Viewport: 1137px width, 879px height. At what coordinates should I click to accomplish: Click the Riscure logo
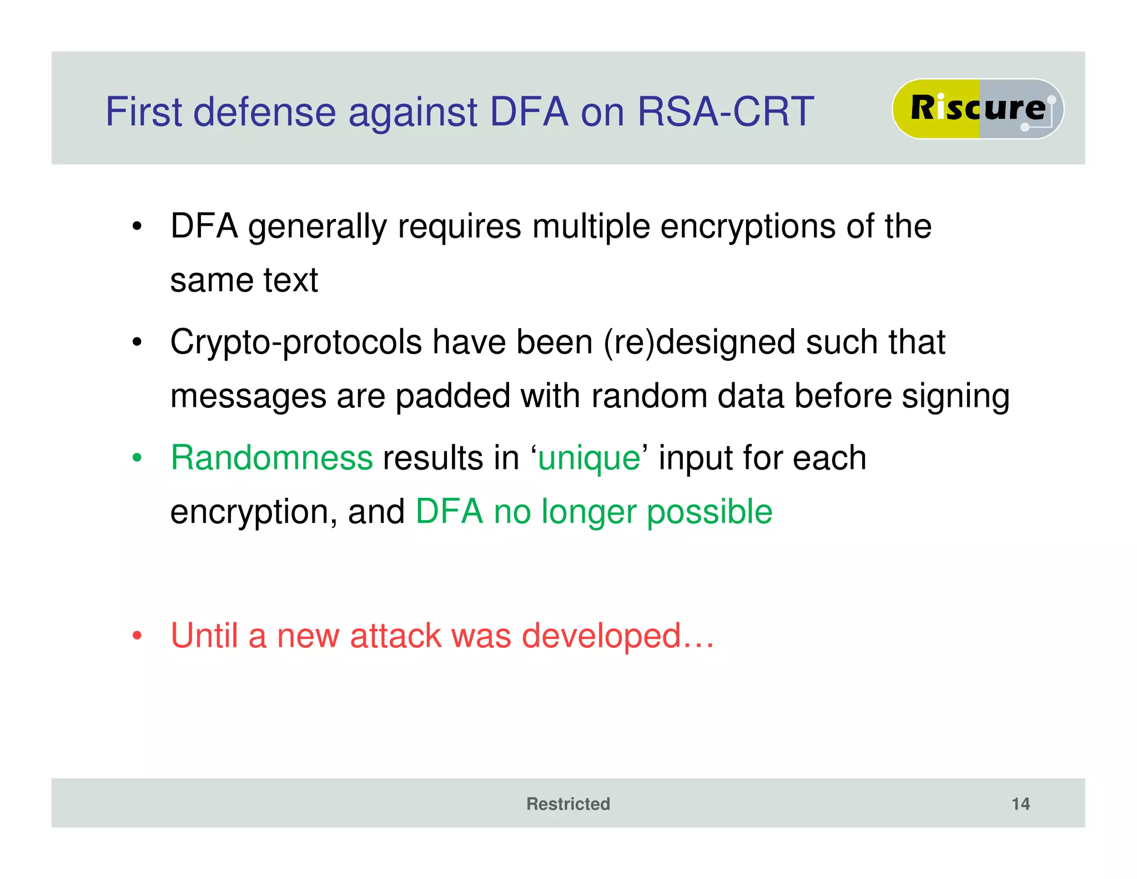(x=978, y=108)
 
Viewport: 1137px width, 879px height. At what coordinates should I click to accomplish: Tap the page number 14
(x=1020, y=803)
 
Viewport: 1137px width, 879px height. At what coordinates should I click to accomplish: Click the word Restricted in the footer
(x=568, y=803)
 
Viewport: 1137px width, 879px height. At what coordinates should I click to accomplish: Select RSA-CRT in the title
(x=726, y=112)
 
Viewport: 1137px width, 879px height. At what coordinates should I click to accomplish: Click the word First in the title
(x=144, y=112)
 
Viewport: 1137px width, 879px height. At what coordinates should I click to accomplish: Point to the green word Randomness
(x=271, y=458)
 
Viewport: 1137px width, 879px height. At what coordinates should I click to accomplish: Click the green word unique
(x=589, y=458)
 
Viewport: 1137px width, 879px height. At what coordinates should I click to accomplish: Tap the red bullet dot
(x=137, y=636)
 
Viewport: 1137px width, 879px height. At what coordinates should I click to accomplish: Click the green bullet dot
(x=137, y=458)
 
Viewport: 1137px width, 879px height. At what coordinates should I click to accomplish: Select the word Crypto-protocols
(x=296, y=342)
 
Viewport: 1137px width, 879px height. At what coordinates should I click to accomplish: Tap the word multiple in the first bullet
(x=591, y=227)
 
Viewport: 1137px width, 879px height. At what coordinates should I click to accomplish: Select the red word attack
(x=395, y=636)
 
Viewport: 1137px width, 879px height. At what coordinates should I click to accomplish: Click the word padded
(x=452, y=396)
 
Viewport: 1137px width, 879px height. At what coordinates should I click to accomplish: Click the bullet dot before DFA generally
(x=137, y=227)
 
